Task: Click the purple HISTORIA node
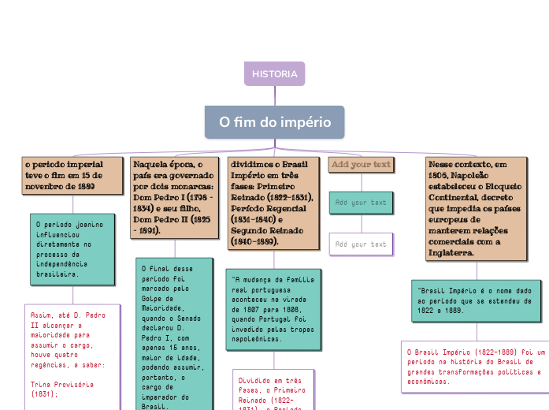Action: click(274, 73)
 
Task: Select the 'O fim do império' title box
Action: click(275, 122)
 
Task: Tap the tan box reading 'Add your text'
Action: click(361, 165)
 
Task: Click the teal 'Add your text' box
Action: click(361, 203)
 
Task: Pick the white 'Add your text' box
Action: click(361, 244)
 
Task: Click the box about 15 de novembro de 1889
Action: click(72, 175)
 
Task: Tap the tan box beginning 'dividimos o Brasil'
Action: click(271, 200)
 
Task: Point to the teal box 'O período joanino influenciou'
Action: click(72, 250)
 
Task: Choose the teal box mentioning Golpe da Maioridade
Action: click(173, 331)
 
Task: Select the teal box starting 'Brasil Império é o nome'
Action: click(476, 300)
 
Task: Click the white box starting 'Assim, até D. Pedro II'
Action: click(71, 355)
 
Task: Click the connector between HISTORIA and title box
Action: click(275, 95)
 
